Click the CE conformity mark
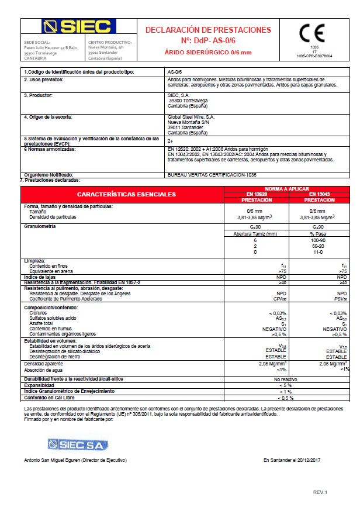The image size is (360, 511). pyautogui.click(x=313, y=33)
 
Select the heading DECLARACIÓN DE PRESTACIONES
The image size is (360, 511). pyautogui.click(x=208, y=30)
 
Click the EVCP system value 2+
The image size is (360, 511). pyautogui.click(x=170, y=141)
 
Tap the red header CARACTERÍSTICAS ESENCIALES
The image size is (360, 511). pyautogui.click(x=126, y=194)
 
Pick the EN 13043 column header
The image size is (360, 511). pyautogui.click(x=320, y=193)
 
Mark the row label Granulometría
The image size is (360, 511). pyautogui.click(x=40, y=225)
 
